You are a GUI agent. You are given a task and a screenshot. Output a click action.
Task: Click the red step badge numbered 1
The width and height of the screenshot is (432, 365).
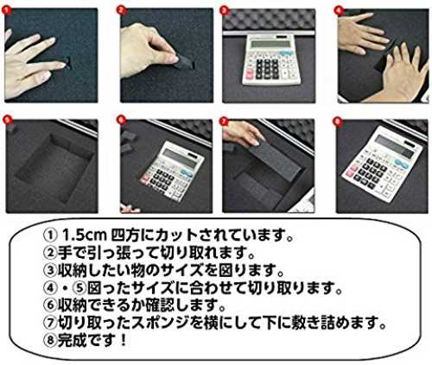point(6,10)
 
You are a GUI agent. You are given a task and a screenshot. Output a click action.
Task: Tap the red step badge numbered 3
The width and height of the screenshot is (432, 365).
point(224,10)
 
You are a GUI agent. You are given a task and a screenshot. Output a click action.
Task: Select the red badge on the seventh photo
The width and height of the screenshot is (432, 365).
point(224,121)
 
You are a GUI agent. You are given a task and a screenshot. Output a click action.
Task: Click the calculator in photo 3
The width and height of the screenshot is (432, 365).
point(271,60)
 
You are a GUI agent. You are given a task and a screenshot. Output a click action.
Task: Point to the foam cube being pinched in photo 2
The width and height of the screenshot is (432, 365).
point(183,62)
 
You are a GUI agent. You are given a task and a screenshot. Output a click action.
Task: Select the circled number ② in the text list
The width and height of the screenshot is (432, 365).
point(50,253)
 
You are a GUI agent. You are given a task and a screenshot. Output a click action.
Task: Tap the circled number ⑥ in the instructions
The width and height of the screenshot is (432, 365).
point(50,305)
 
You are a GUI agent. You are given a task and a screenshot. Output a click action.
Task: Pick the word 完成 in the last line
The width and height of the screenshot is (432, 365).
point(72,340)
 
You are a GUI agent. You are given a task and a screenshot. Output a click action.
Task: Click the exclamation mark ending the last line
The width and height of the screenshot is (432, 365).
point(123,340)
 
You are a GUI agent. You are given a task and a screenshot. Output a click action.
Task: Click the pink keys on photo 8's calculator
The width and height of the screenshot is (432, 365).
point(350,172)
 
